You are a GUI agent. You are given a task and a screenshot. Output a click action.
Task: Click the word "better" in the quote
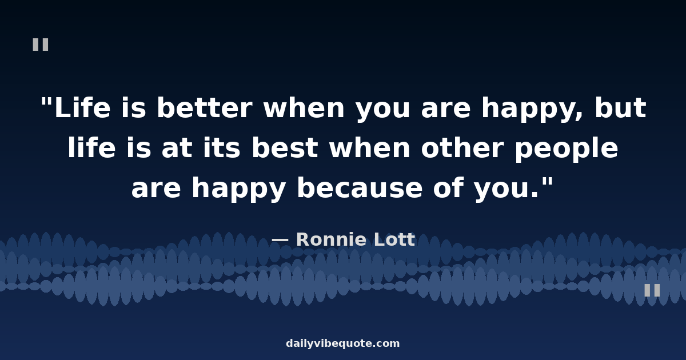coord(204,109)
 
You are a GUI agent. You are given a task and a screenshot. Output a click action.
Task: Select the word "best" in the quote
coord(284,149)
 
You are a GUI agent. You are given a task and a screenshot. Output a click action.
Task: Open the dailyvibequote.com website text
coord(343,343)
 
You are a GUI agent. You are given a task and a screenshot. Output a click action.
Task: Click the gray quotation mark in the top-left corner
coord(41,45)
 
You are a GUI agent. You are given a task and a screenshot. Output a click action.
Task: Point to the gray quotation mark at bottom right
coord(652,290)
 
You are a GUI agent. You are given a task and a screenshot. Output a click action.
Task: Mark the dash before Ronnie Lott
coord(280,240)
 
